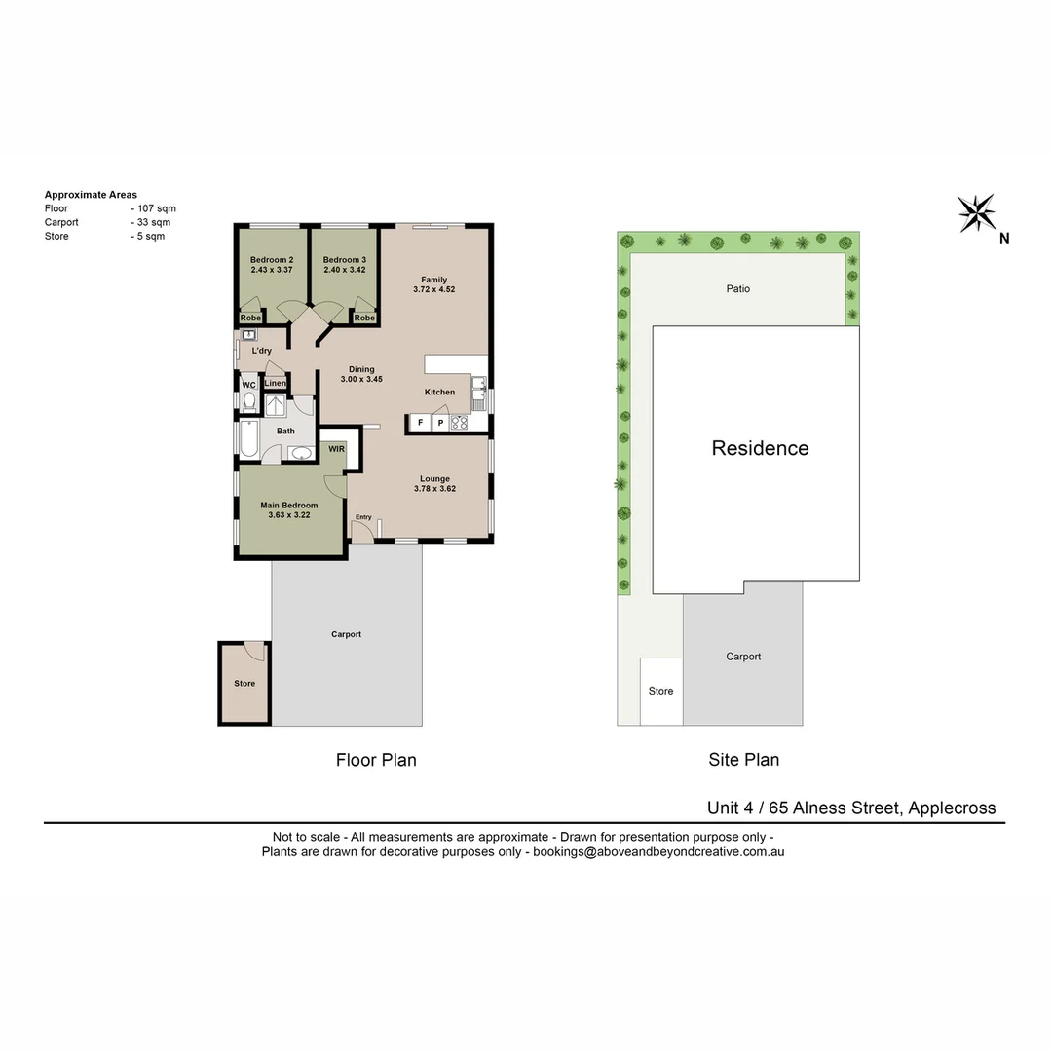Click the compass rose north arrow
[x=976, y=212]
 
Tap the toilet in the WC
[x=248, y=401]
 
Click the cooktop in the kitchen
[x=460, y=423]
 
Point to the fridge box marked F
[x=420, y=423]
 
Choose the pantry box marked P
[x=439, y=423]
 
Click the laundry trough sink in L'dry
[x=247, y=335]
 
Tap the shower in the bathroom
[x=277, y=405]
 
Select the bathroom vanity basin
[x=301, y=453]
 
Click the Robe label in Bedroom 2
[x=250, y=318]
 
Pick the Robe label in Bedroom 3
[x=364, y=318]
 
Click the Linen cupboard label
[x=275, y=383]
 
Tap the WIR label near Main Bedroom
[x=336, y=449]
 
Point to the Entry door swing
[x=361, y=532]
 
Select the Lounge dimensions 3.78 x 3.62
[x=434, y=489]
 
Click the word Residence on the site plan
[x=760, y=448]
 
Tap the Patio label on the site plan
[x=737, y=288]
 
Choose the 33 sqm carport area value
[x=153, y=222]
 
